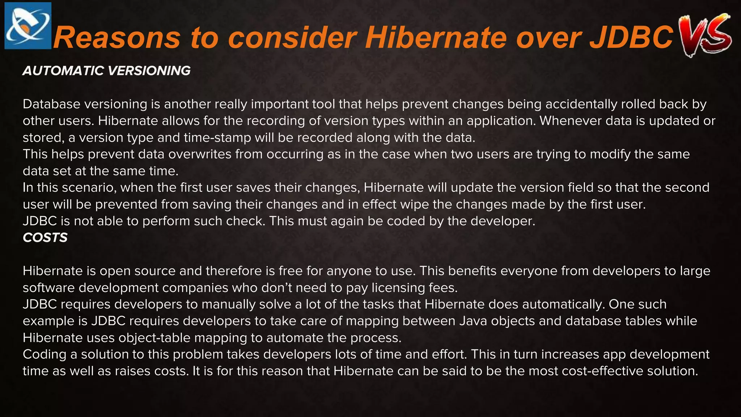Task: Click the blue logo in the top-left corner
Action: click(x=28, y=26)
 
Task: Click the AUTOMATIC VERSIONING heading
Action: click(x=106, y=71)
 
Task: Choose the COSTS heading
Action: click(x=45, y=237)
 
